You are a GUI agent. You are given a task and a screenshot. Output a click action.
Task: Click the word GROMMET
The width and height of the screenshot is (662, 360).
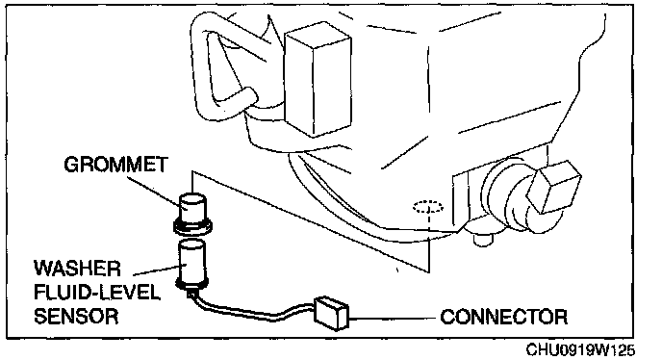pyautogui.click(x=115, y=165)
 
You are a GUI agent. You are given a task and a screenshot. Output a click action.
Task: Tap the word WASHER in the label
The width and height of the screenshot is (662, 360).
pyautogui.click(x=77, y=269)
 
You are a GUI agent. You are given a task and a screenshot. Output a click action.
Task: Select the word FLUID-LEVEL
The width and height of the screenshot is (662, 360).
pyautogui.click(x=96, y=292)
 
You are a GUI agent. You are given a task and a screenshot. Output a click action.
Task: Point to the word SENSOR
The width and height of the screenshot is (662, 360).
pyautogui.click(x=76, y=316)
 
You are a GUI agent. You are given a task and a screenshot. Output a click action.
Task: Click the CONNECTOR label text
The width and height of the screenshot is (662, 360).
pyautogui.click(x=503, y=317)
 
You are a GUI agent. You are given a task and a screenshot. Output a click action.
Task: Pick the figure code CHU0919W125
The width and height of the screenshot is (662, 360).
pyautogui.click(x=580, y=349)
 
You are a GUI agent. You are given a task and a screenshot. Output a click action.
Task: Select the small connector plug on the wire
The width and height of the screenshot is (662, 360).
pyautogui.click(x=331, y=313)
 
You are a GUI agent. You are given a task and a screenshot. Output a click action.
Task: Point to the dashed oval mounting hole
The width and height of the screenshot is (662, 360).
pyautogui.click(x=428, y=207)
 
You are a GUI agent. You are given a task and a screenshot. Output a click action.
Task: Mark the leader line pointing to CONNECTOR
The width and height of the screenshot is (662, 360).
pyautogui.click(x=392, y=317)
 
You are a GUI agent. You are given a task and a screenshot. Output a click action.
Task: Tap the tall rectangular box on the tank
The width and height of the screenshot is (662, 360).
pyautogui.click(x=318, y=80)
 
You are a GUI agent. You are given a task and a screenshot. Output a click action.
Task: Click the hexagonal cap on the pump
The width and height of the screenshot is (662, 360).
pyautogui.click(x=553, y=187)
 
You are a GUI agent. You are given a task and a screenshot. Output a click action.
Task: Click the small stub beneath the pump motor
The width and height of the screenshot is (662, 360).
pyautogui.click(x=483, y=240)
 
